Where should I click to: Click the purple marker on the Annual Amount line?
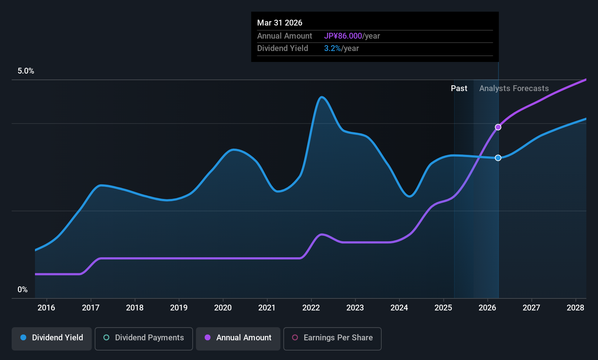[x=498, y=127]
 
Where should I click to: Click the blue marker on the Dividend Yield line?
[x=498, y=158]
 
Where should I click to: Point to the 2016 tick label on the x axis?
[x=46, y=308]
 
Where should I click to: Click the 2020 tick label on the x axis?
[x=223, y=308]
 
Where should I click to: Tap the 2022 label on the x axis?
[x=311, y=308]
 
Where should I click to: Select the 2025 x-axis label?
[x=443, y=308]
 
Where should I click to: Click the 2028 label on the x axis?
[x=575, y=308]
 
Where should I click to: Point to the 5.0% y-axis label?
[x=26, y=71]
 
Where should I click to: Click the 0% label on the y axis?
[x=23, y=290]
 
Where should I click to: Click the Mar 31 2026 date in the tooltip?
[x=280, y=23]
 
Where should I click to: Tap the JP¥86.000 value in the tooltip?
[x=343, y=36]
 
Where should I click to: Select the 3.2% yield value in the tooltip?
[x=332, y=48]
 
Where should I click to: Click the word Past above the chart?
[x=459, y=89]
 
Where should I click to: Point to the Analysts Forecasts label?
[x=514, y=89]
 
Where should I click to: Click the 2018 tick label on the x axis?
[x=135, y=308]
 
